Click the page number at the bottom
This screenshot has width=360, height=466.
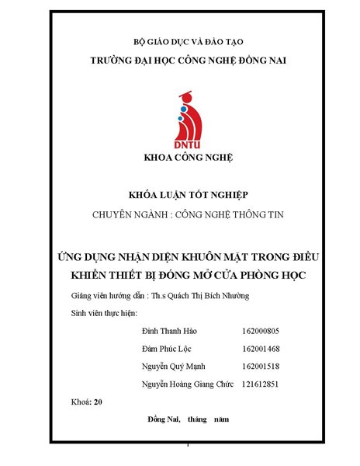tap(189, 445)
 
